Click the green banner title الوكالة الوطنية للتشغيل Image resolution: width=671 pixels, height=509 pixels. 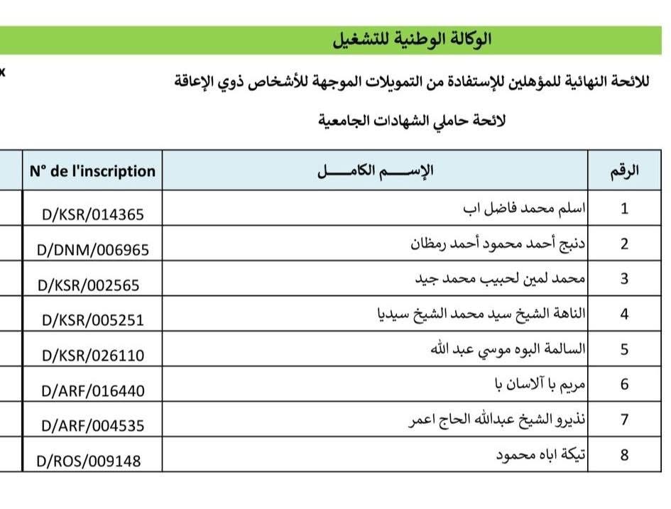click(413, 40)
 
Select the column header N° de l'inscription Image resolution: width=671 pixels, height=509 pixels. click(92, 171)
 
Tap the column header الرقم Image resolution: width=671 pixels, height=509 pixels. click(625, 171)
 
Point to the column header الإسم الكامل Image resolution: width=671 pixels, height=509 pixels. click(376, 171)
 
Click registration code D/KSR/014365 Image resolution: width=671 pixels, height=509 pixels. click(93, 215)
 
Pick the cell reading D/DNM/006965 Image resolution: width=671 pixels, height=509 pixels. click(93, 250)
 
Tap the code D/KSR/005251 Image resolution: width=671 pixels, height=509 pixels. click(93, 320)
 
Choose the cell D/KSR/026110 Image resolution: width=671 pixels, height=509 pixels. click(93, 355)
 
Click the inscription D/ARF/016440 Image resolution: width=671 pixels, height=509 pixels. click(93, 390)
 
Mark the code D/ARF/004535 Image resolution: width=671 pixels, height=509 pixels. click(93, 426)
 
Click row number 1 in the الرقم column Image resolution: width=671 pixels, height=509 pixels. click(625, 209)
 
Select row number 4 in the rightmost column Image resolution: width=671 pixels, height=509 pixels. click(625, 314)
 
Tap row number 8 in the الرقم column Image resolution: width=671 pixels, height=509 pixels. click(625, 455)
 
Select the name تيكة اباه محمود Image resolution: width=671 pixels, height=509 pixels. click(541, 454)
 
